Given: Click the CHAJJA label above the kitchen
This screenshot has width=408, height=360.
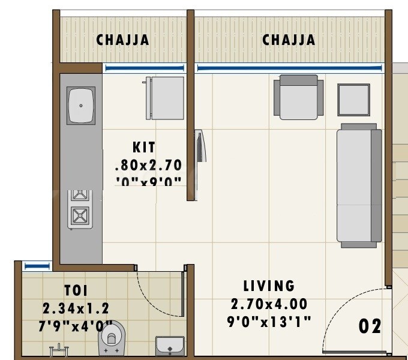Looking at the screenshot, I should tap(123, 40).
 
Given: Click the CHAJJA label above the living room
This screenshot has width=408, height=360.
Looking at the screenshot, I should tap(289, 40).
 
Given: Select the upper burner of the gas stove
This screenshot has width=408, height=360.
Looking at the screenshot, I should tap(80, 196).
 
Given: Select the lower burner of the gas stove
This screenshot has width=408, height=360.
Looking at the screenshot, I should tap(80, 215).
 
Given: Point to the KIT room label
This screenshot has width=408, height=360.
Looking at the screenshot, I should tap(144, 147).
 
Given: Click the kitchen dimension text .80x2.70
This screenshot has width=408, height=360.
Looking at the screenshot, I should tap(148, 164).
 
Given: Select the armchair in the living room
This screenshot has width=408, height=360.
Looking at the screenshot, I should tap(298, 97).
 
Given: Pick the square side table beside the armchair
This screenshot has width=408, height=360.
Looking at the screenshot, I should tap(353, 99).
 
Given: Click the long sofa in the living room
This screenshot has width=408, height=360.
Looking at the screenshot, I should tap(359, 185).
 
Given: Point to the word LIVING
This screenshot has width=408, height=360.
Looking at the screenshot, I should tap(269, 286).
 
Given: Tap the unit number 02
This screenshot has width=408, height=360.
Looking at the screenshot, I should tap(370, 326).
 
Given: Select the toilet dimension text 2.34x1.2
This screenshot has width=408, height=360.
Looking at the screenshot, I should tap(76, 308).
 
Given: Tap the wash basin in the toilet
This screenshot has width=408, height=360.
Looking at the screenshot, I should tap(170, 346).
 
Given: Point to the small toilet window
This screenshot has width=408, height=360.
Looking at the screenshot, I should tap(37, 265).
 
